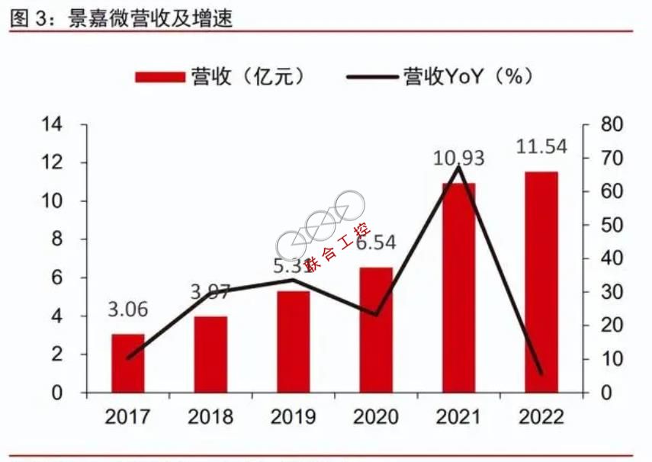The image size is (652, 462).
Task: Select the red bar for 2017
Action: pos(127,363)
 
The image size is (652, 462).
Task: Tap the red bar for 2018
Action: pos(210,354)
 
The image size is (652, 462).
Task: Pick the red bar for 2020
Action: pos(375,329)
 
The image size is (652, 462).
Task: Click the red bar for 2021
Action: pos(458,287)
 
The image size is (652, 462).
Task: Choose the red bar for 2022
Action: pos(541,282)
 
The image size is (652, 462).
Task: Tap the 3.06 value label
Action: pos(127,310)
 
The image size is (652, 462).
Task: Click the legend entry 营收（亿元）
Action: pos(221,76)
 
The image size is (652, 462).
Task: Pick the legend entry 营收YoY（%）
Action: pos(438,76)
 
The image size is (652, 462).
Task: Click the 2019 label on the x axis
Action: pos(293,417)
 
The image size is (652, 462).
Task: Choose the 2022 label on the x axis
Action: pos(541,417)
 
